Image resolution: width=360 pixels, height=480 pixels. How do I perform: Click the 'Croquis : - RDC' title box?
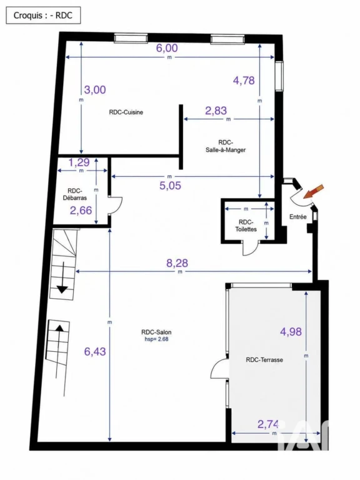point(43,15)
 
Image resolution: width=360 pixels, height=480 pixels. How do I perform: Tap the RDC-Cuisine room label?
point(126,112)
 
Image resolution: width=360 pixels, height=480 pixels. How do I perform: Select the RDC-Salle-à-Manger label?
point(226,146)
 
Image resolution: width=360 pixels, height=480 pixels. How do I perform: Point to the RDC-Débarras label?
point(75,194)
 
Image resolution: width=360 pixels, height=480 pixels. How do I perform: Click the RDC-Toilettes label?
point(246,226)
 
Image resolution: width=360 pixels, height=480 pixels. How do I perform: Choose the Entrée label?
point(298,217)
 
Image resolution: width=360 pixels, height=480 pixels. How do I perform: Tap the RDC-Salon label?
point(156,332)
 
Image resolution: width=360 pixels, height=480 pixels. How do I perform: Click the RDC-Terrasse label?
point(264,360)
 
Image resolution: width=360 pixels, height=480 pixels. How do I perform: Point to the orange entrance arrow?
point(314,191)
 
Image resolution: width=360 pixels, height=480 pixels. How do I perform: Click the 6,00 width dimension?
point(167,48)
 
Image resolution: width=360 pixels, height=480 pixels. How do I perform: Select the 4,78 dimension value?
point(244,81)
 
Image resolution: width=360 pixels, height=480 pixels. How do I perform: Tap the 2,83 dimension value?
point(216,111)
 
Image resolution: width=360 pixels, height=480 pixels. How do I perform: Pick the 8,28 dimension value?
point(177,263)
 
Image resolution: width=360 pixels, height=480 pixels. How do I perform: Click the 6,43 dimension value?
point(95,351)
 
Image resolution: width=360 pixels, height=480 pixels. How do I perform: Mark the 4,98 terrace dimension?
point(291,331)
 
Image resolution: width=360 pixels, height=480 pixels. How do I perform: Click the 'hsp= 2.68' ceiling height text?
point(156,339)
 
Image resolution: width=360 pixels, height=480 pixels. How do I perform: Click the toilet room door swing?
point(251,248)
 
